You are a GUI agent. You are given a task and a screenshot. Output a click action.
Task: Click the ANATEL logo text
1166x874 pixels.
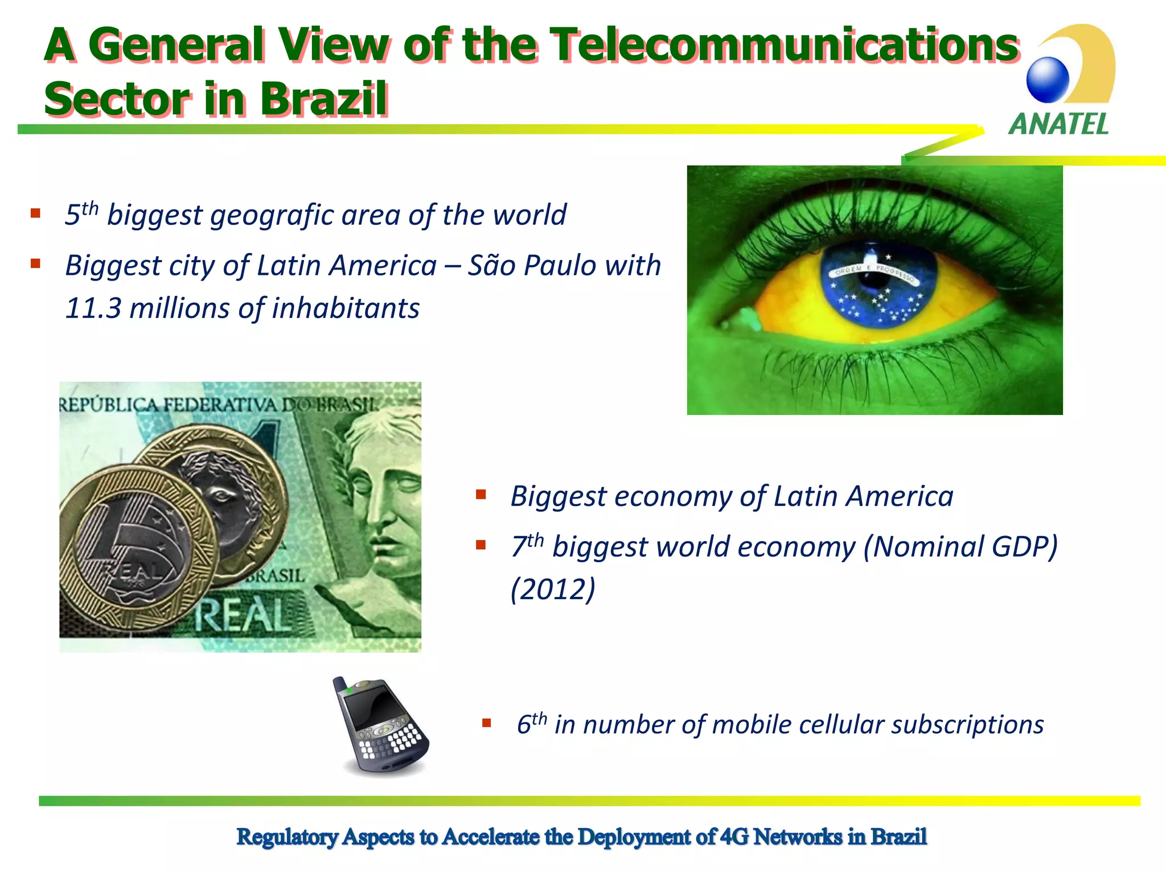click(1058, 124)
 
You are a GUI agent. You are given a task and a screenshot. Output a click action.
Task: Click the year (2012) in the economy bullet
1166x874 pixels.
click(553, 589)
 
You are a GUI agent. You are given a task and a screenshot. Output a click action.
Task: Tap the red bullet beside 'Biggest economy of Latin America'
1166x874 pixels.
click(481, 494)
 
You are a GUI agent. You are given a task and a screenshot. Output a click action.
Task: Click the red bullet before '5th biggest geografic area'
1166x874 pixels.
click(36, 214)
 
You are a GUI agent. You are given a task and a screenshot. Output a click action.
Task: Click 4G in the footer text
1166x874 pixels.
click(734, 836)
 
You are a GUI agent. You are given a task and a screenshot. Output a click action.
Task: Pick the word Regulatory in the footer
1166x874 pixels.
click(288, 836)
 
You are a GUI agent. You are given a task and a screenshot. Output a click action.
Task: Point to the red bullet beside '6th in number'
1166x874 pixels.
click(486, 723)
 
